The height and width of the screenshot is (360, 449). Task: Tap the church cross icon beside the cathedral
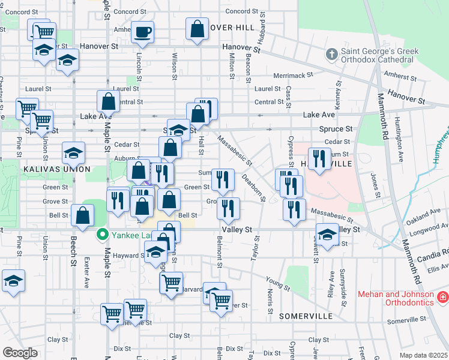click(x=331, y=55)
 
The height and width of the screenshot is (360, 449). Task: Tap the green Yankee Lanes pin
click(x=102, y=235)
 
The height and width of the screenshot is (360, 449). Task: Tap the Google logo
click(x=20, y=353)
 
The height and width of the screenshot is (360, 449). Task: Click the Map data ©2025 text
click(x=423, y=355)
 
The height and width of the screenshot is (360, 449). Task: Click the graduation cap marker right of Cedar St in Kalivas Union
click(x=73, y=154)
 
